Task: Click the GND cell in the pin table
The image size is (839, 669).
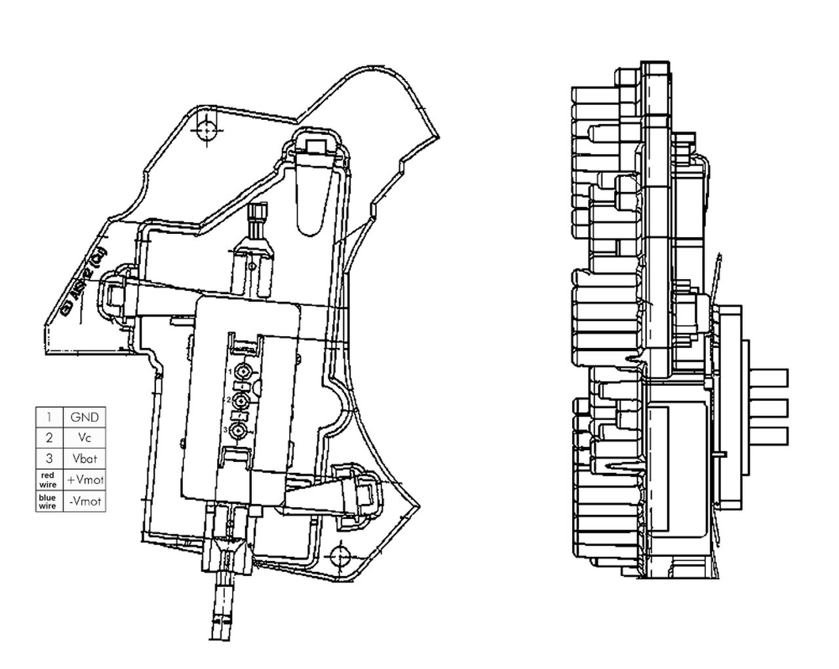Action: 84,417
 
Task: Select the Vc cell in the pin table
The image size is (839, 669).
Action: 84,438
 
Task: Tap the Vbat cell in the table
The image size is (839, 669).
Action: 84,459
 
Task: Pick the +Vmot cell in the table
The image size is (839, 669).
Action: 85,480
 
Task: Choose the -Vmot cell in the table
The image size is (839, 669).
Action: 85,501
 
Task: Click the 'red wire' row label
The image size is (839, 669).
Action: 48,480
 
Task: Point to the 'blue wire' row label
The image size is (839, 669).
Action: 48,501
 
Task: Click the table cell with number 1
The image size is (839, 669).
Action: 49,417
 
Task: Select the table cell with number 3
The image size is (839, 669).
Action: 49,459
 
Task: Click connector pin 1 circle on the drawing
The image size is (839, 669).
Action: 243,372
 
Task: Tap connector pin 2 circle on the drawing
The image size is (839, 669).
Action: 242,400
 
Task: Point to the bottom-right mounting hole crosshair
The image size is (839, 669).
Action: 338,556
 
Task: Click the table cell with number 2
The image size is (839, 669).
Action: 49,438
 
